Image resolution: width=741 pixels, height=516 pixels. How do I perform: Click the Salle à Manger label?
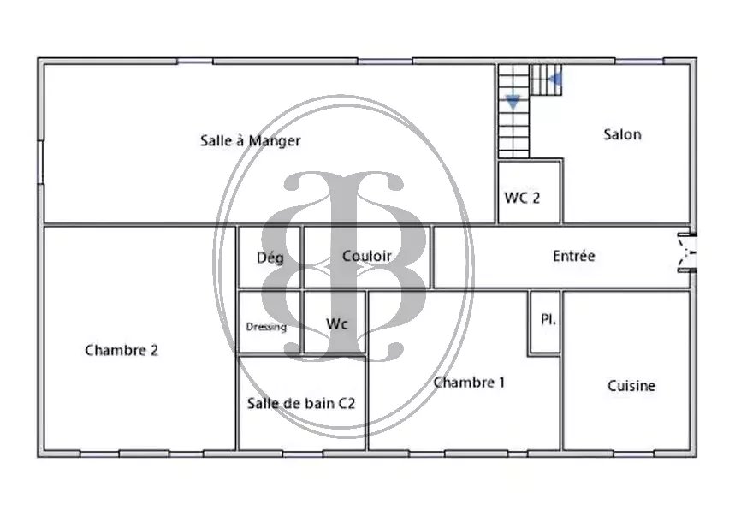coord(250,141)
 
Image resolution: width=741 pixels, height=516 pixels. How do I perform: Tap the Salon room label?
coord(622,134)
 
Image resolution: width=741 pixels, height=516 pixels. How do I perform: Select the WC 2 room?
coord(529,192)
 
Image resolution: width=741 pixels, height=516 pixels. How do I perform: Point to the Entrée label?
coord(573,256)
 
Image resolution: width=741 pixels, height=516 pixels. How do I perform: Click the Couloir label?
coord(367,256)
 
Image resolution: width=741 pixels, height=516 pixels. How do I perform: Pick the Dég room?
coord(270,258)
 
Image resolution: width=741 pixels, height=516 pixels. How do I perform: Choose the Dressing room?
coord(270,323)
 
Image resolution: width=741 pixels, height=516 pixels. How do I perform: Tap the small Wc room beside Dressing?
coord(335,323)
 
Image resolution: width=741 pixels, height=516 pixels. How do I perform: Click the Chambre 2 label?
coord(122,350)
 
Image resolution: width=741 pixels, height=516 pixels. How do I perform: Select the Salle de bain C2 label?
coord(301,404)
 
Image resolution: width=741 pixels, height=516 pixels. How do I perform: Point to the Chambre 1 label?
coord(469,383)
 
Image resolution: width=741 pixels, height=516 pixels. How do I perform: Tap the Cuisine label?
coord(631,386)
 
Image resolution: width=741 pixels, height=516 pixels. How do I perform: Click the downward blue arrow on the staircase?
coord(513,102)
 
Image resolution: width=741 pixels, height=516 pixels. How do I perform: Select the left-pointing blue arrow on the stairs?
coord(555,79)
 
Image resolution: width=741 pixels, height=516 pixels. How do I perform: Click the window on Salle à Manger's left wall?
coord(40,162)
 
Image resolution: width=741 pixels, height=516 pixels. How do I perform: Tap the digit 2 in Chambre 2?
coord(154,350)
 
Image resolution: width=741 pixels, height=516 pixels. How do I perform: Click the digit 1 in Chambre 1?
coord(502,383)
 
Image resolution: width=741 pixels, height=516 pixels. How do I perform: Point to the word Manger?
coord(275,141)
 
